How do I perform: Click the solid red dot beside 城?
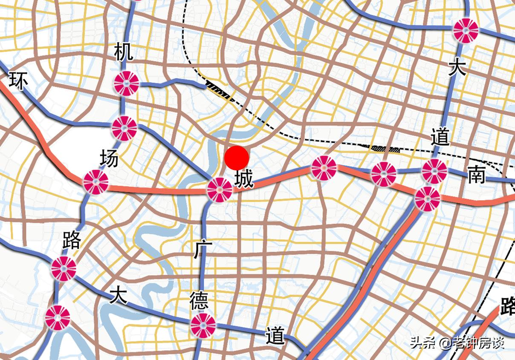(x=237, y=158)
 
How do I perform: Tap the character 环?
(x=18, y=81)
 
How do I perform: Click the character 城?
(x=244, y=179)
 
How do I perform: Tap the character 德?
(x=199, y=301)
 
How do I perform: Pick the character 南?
(x=477, y=175)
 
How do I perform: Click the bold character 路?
(x=507, y=306)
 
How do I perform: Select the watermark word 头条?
(x=422, y=343)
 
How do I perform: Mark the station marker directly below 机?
(x=127, y=83)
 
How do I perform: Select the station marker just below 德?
(x=203, y=325)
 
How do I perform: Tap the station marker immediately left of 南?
(x=434, y=171)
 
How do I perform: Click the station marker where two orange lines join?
(x=427, y=199)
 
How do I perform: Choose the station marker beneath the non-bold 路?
(x=64, y=268)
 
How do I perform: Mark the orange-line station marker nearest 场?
(x=95, y=182)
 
